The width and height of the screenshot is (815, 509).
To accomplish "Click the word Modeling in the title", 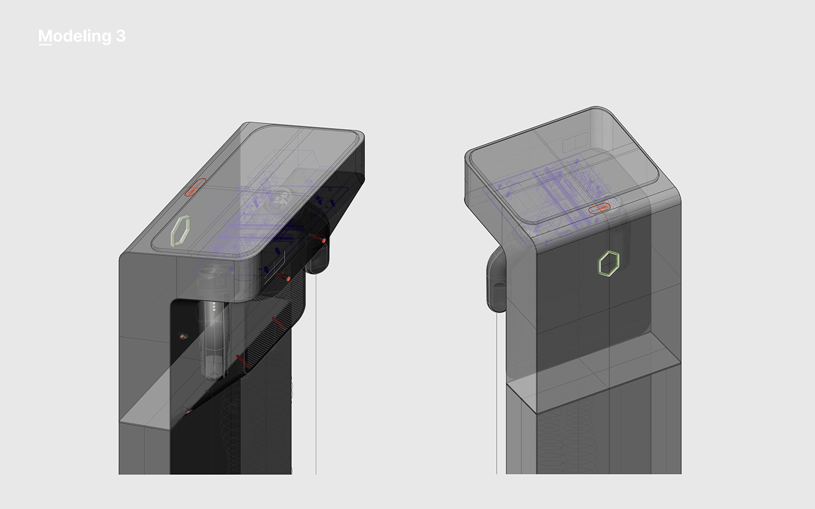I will point(75,36).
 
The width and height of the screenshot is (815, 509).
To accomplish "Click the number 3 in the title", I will point(121,36).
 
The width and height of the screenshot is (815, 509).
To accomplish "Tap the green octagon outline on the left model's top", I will point(181,230).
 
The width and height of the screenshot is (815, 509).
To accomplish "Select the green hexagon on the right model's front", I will point(608,264).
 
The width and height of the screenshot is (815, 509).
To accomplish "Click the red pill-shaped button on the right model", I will point(599,208).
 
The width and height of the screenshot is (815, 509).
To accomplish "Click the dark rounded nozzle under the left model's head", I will point(317,259).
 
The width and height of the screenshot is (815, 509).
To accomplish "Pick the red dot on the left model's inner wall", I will point(182,336).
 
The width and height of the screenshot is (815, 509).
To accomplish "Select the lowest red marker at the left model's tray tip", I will point(187,412).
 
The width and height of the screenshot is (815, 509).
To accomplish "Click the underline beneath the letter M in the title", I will point(45,44).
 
